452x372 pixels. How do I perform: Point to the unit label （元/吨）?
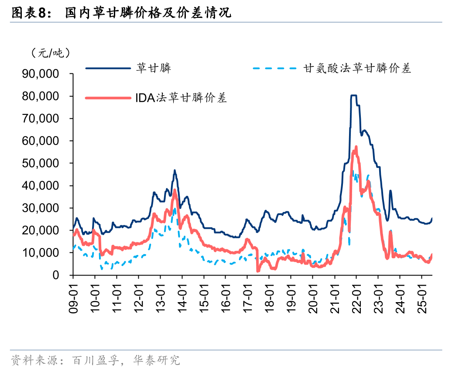[x=50, y=53]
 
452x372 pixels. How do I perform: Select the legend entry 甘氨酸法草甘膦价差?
[x=357, y=68]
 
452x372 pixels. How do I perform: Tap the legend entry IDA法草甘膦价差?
[x=181, y=98]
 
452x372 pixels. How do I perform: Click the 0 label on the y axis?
[x=55, y=276]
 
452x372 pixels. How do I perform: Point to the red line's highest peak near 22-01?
[x=356, y=147]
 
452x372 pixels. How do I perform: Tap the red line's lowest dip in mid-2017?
[x=258, y=271]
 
